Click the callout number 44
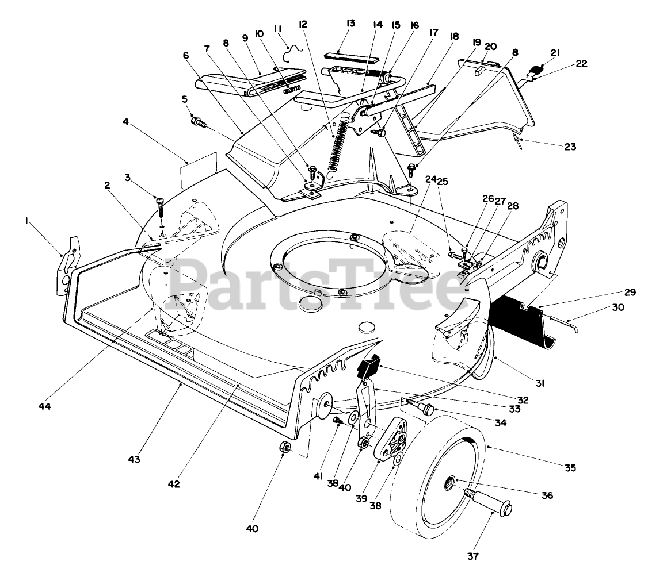(45, 406)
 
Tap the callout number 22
(581, 64)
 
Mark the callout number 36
(546, 495)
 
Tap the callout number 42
(174, 484)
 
